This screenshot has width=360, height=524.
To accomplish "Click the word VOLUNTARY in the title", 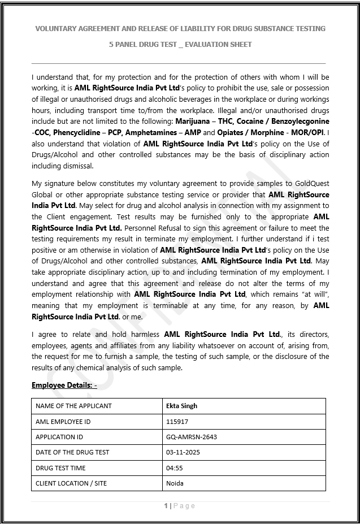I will point(57,28).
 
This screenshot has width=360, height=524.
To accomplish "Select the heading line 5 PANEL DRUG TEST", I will point(180,44).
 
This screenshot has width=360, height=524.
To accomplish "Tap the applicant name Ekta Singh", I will point(181,406).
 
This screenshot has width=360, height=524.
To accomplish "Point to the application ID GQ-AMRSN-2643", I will point(191,437).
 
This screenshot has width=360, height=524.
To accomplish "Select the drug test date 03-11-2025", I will point(183,452).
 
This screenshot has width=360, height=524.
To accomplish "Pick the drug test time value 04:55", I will point(174,468).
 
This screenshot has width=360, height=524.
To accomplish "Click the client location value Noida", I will point(175,483).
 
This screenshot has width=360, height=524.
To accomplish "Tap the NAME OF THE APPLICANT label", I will point(73,406).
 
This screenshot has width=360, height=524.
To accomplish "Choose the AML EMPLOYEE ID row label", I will point(63,422).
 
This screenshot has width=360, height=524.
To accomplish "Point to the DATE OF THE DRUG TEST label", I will point(72,452).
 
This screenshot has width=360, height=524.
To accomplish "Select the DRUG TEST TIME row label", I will point(60,468).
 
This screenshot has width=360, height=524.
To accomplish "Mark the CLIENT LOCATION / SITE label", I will point(71,483).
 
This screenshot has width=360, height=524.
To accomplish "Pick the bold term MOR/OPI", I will point(309,133).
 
